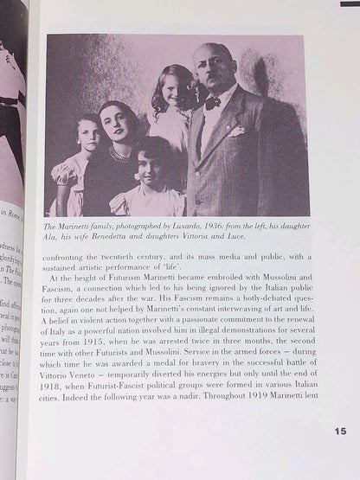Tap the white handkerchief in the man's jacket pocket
236,132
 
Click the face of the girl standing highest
167,89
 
